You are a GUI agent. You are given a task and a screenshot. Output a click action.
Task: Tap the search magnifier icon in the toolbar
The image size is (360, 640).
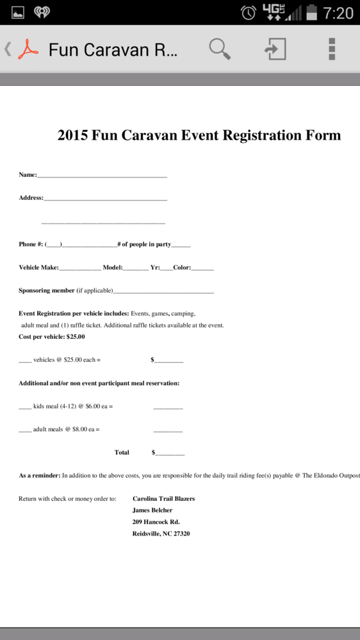coord(219,49)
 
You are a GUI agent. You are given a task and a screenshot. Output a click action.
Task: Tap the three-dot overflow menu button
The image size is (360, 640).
coord(332,49)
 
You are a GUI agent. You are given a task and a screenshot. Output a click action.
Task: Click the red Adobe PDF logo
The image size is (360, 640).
coord(28,49)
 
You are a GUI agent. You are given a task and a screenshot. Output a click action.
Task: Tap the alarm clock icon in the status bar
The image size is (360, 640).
coord(249,12)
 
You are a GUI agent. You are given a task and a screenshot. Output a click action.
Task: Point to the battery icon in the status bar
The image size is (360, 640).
coord(312,12)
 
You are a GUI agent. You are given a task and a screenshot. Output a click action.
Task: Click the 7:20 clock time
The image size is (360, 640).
coord(338,12)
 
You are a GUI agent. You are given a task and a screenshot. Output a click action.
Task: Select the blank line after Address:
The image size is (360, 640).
coord(105,198)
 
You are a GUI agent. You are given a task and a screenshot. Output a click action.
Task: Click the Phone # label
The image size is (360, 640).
coord(31,244)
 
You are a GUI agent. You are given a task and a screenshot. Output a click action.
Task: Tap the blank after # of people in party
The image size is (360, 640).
coord(181,245)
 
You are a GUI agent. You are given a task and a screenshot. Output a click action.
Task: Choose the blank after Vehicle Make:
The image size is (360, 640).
coord(79,268)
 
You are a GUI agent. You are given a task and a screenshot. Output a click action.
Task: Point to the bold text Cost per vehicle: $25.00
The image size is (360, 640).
coord(51,336)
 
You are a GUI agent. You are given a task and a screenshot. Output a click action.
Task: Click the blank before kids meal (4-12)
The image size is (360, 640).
coord(25,407)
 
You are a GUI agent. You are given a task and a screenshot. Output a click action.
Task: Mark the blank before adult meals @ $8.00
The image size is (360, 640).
coord(25,430)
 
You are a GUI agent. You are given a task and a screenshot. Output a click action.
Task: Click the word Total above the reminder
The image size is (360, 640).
coord(122,452)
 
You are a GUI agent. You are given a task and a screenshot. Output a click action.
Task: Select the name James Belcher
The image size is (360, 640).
coord(152,510)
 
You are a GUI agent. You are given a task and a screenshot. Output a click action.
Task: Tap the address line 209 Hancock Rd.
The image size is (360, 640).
coord(156,521)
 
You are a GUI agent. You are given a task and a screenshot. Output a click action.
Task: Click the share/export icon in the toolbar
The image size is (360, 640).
coord(276,49)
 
